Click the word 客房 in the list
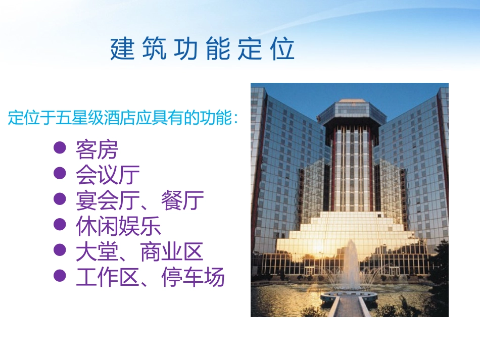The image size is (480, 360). [x=97, y=149]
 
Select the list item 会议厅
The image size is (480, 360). [x=108, y=175]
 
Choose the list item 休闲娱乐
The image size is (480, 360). [x=118, y=227]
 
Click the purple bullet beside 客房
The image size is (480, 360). [x=60, y=148]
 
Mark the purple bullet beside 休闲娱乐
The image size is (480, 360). [x=60, y=225]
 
